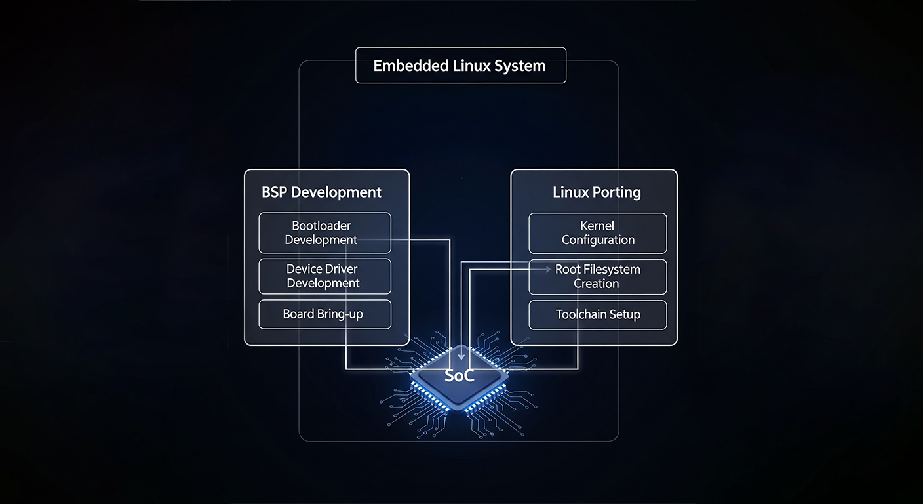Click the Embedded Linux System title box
[x=460, y=66]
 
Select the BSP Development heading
[x=321, y=192]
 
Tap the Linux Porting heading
[x=597, y=192]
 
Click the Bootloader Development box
[x=324, y=233]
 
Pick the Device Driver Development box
[x=324, y=276]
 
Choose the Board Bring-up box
[x=324, y=314]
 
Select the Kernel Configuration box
[x=597, y=233]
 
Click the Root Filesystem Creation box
[x=597, y=276]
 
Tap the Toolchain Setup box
[x=597, y=314]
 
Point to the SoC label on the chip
[x=459, y=376]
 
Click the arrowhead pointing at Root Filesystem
[x=548, y=269]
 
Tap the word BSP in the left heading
[x=274, y=192]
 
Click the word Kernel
[x=597, y=226]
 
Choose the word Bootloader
[x=321, y=226]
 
